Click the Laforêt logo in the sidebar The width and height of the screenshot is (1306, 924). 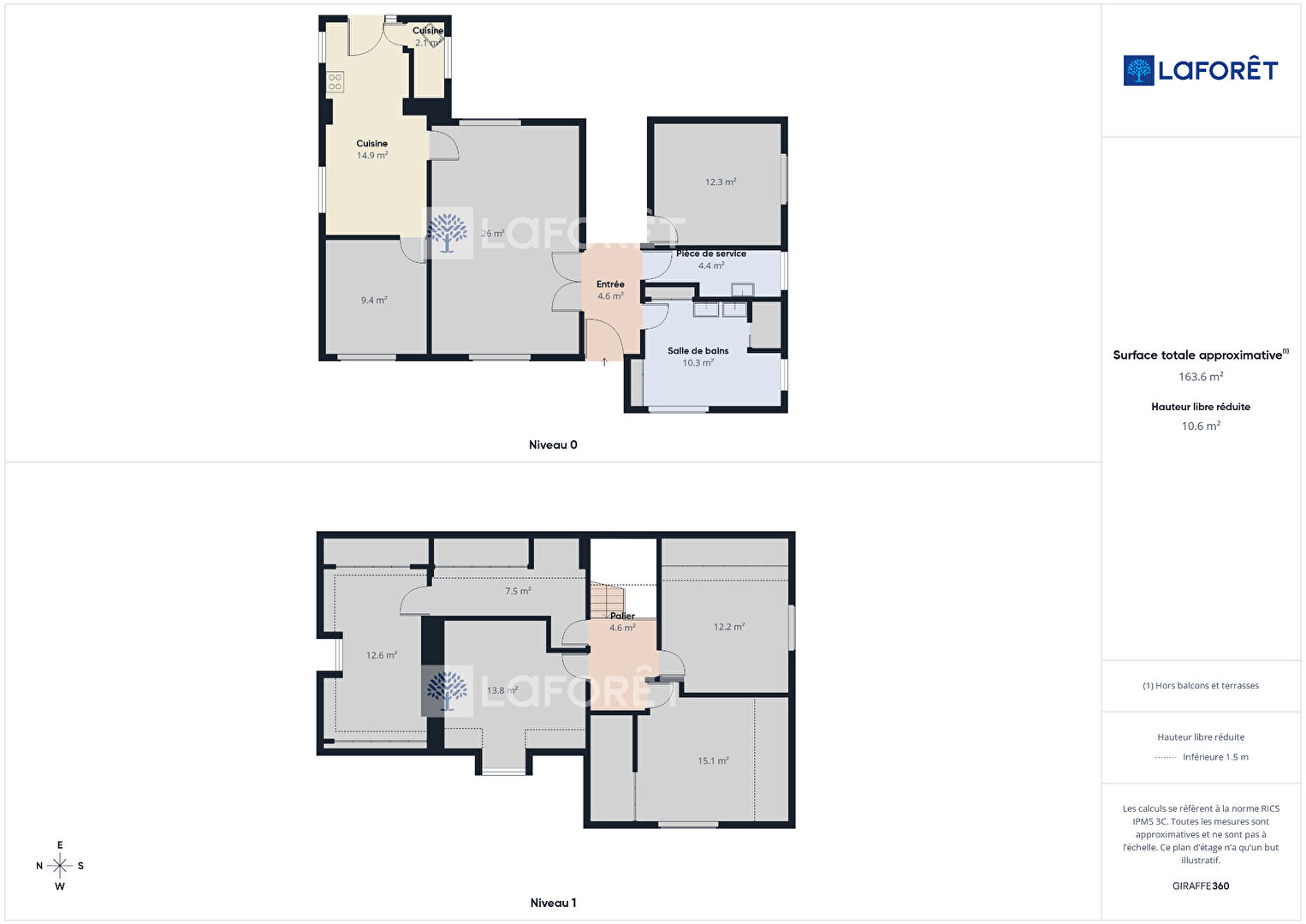tap(1201, 70)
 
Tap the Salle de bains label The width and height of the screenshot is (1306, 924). tap(698, 350)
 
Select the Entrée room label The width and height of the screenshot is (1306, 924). tap(610, 284)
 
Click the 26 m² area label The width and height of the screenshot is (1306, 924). tap(493, 234)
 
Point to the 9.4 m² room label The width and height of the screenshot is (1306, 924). tap(374, 301)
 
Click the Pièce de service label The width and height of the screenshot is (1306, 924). tap(710, 253)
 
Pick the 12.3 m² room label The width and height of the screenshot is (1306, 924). tap(721, 182)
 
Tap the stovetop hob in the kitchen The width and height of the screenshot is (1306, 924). tap(335, 82)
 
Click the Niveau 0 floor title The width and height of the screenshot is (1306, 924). tap(553, 445)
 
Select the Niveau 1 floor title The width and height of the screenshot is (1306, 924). tap(553, 903)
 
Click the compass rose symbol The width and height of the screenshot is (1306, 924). tap(59, 866)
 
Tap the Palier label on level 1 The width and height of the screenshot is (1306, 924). tap(623, 616)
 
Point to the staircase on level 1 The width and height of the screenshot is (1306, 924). tap(607, 600)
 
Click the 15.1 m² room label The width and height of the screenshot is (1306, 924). tap(713, 760)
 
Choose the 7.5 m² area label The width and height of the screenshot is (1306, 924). tap(518, 592)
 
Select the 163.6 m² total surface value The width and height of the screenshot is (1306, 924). tap(1201, 377)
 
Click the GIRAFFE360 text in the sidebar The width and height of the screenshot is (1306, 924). tap(1201, 886)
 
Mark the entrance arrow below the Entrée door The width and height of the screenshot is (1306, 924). tap(604, 362)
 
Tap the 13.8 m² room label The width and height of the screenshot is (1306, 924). tap(502, 691)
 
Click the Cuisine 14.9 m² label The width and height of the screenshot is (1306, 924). tap(372, 149)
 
